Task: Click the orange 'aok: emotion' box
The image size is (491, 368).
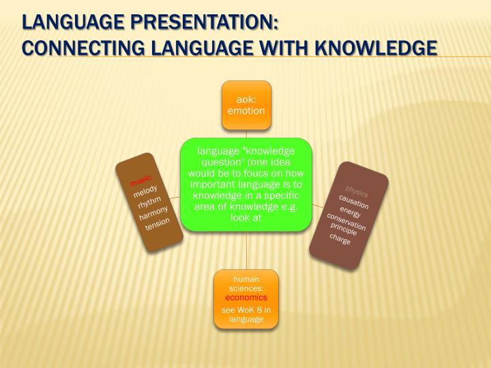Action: point(245,105)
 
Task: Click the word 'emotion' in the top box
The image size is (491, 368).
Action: point(245,110)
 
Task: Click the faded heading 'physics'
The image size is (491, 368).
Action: point(357,189)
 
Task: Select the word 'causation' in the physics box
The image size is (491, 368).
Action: point(353,201)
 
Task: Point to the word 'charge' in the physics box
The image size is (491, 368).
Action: point(340,240)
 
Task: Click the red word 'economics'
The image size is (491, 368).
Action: point(246,298)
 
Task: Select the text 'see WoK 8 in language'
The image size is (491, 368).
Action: point(246,314)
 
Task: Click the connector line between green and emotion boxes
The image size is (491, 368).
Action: point(245,134)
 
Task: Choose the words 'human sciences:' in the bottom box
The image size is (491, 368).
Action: point(246,284)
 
